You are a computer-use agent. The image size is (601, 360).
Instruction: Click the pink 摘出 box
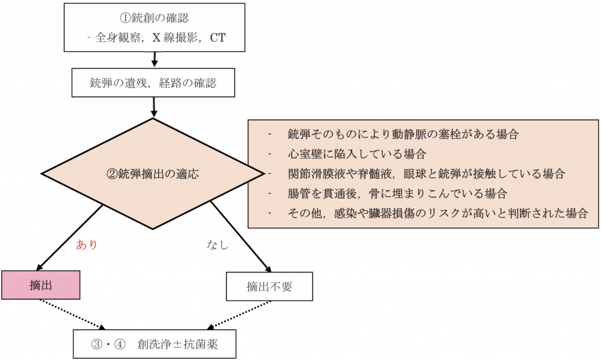(x=40, y=285)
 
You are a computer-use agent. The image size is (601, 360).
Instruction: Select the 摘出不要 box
(x=269, y=287)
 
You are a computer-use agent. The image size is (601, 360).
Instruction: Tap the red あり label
(x=86, y=245)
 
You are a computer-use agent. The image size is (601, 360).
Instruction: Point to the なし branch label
(x=217, y=245)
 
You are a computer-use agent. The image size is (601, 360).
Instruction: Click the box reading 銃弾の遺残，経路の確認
(x=153, y=83)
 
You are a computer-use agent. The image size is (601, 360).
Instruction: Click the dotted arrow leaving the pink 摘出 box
(x=73, y=315)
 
